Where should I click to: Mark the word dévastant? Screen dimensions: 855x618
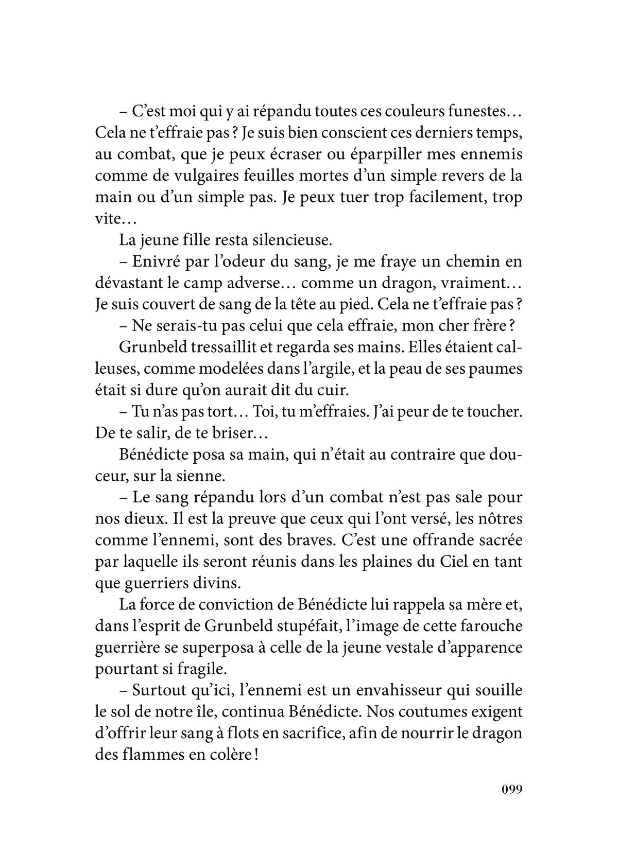pos(130,283)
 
